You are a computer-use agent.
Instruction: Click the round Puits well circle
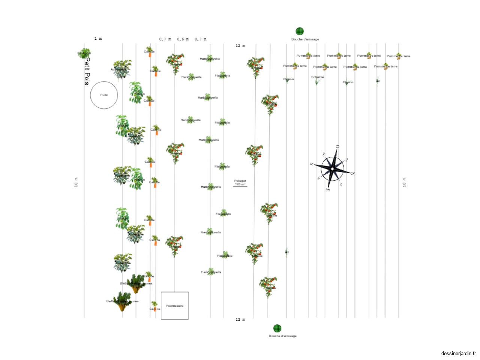coord(104,95)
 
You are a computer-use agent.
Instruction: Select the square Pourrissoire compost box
coord(175,306)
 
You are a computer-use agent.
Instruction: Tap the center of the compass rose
coord(332,169)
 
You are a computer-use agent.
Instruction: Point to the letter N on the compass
coord(353,174)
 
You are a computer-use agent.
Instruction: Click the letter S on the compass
coord(311,164)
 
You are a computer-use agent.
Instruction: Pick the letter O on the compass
coord(337,147)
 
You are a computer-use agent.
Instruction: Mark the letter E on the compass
coord(328,190)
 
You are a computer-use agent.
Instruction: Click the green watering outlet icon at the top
coord(300,31)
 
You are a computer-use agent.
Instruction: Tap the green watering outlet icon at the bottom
coord(277,328)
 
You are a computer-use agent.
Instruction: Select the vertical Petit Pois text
coord(87,71)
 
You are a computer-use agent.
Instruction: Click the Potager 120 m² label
coord(240,183)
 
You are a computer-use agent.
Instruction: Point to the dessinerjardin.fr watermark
coord(458,353)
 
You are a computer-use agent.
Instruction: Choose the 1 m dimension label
coord(98,39)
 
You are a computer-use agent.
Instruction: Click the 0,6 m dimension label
coord(183,39)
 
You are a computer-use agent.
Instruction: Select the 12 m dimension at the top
coord(240,46)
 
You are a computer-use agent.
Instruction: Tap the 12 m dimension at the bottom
coord(240,319)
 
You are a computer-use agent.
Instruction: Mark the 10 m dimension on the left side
coord(76,182)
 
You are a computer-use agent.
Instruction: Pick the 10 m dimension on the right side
coord(404,182)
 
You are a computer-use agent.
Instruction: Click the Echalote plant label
coord(317,77)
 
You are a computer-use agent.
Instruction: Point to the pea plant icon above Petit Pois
coord(84,53)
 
